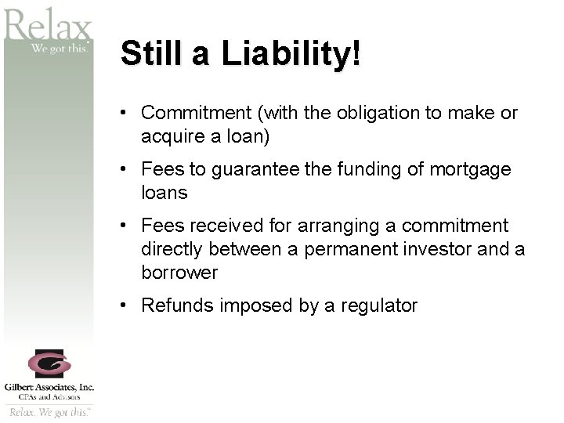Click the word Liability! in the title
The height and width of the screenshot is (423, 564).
pyautogui.click(x=291, y=55)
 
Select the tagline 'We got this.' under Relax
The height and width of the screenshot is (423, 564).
pyautogui.click(x=61, y=48)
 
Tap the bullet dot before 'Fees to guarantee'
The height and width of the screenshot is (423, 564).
pyautogui.click(x=124, y=169)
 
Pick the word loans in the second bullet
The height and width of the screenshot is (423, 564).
pyautogui.click(x=164, y=193)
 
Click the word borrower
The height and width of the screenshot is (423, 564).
pyautogui.click(x=179, y=273)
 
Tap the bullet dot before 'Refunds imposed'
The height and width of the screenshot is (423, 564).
pyautogui.click(x=124, y=305)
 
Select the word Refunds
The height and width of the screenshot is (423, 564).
pyautogui.click(x=177, y=305)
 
